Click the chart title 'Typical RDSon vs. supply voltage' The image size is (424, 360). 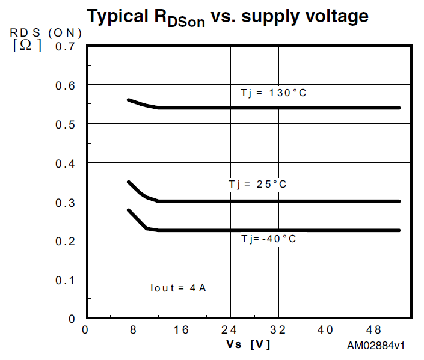coord(227,17)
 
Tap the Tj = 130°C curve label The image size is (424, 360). coord(274,93)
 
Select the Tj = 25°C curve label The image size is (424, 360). coord(257,184)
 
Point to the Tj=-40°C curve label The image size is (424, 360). coord(269,239)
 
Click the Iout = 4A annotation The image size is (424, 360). coord(179,288)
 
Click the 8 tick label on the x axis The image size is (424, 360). coord(134,329)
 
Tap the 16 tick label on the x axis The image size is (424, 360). coord(182,329)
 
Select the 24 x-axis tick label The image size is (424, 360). coord(229,329)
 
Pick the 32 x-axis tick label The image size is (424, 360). coord(277,329)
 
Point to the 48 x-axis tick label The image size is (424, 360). coord(373,329)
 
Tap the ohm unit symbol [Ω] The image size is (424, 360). coord(27,46)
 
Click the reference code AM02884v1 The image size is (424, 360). coord(375,346)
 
